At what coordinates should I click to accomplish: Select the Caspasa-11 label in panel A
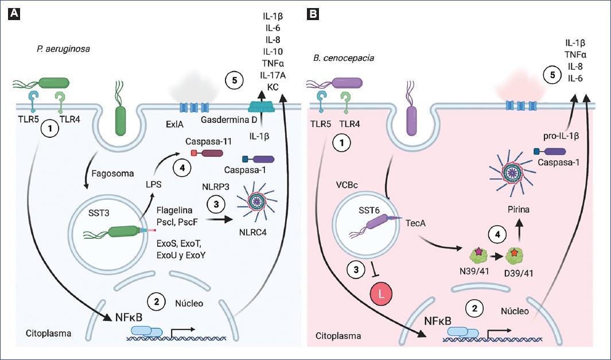coord(206,140)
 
